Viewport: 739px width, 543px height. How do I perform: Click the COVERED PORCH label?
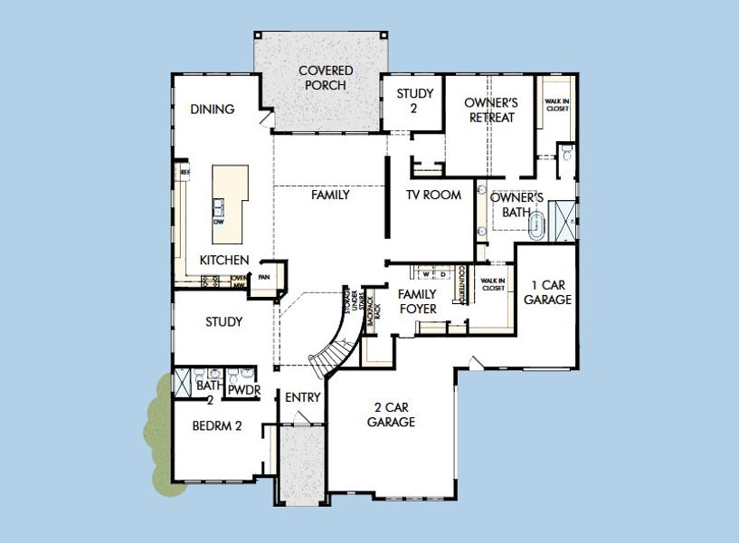[326, 78]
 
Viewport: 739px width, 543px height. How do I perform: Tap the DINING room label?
[213, 110]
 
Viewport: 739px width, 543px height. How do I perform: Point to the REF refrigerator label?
[185, 170]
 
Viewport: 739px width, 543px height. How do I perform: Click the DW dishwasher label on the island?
[219, 222]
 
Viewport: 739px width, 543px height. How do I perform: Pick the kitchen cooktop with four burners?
[210, 281]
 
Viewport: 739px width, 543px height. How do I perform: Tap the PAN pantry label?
[265, 278]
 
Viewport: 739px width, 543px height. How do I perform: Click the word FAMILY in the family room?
[330, 195]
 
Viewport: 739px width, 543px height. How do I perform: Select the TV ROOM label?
[433, 195]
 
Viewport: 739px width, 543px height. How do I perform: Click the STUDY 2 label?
[415, 100]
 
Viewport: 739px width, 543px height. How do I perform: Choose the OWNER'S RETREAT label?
[491, 110]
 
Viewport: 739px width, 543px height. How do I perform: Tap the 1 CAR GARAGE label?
[547, 292]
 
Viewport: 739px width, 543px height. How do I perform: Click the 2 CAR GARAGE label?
[391, 414]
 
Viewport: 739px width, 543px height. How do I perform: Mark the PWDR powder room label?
[242, 390]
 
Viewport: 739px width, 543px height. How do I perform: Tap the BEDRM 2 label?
[217, 426]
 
